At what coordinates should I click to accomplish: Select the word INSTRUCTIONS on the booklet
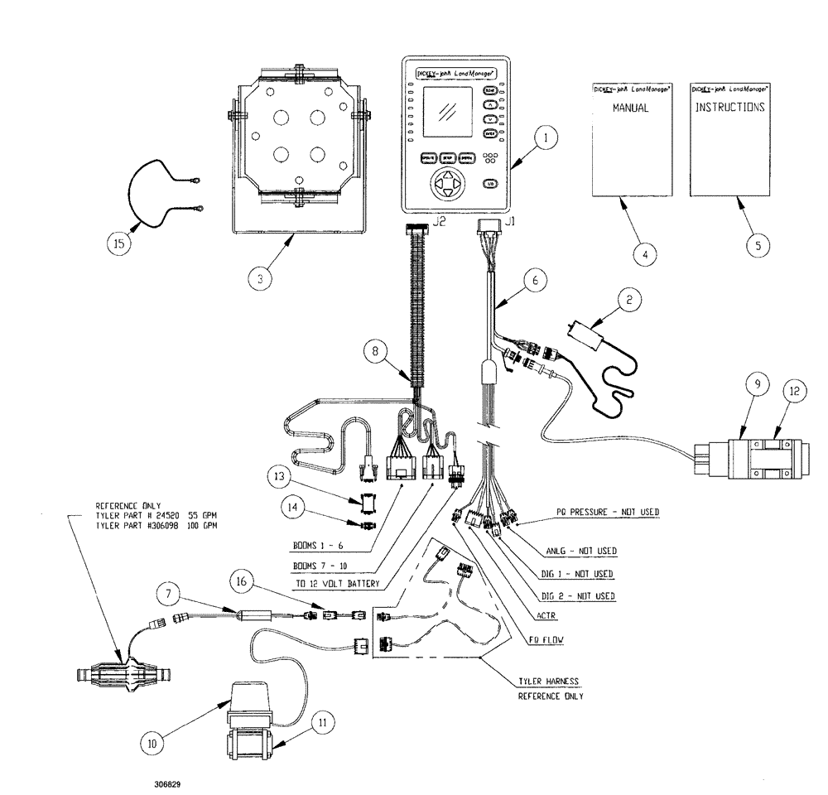pyautogui.click(x=729, y=108)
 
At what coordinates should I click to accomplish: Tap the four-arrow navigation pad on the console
pyautogui.click(x=446, y=184)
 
